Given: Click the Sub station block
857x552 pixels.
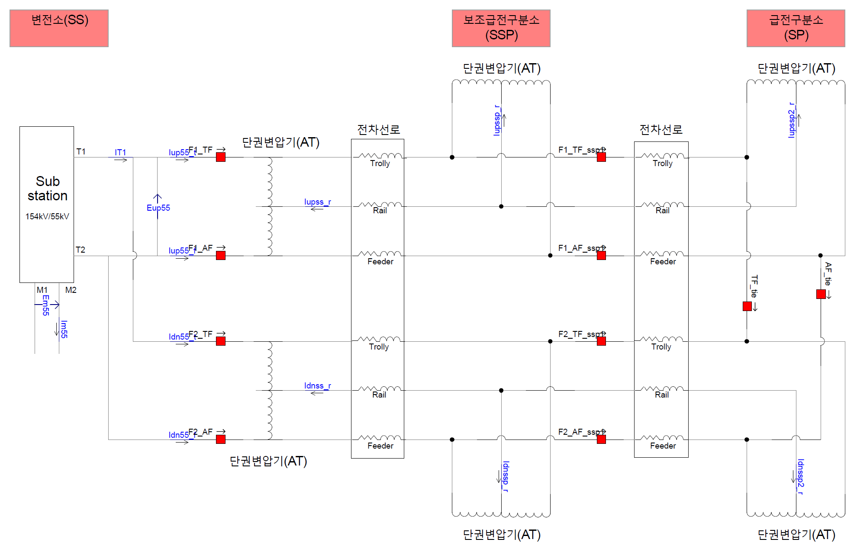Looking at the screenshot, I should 47,204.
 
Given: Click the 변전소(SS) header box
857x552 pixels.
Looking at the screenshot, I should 59,28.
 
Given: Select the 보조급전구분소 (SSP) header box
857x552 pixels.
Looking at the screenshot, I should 501,28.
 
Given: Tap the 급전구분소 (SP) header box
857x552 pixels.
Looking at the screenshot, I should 796,28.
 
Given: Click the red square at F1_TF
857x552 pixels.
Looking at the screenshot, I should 221,157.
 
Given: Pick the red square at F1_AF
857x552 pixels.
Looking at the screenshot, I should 221,255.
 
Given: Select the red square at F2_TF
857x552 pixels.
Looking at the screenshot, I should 221,341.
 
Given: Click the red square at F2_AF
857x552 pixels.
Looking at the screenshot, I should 221,439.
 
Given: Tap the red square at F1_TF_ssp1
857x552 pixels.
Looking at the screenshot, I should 601,157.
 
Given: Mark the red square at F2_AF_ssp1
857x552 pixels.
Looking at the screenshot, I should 601,439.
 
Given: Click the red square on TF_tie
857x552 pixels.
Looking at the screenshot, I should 747,306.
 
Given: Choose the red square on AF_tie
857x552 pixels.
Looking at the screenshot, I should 821,294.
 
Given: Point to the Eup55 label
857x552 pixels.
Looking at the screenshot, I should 158,208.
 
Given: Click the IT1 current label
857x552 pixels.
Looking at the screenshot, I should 120,152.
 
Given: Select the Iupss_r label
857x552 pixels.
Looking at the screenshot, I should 317,202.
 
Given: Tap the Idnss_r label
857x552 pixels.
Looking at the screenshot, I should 317,386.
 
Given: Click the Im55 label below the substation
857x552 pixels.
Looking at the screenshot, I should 64,329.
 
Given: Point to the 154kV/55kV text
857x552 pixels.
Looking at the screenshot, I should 47,216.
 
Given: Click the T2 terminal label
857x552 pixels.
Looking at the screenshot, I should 81,250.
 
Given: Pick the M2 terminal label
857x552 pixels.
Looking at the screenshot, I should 71,290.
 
